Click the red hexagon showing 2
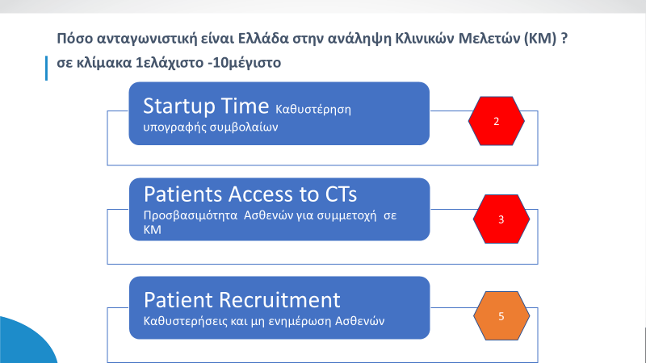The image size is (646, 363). click(x=496, y=121)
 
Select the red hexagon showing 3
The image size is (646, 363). click(x=501, y=219)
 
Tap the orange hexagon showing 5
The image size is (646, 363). click(x=501, y=316)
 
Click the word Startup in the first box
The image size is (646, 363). click(x=178, y=107)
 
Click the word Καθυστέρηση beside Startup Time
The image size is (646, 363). click(x=313, y=110)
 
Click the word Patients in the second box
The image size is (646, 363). click(x=183, y=194)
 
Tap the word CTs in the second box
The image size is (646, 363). click(x=341, y=194)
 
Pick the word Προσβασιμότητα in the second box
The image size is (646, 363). click(x=191, y=215)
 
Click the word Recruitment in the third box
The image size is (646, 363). click(x=279, y=299)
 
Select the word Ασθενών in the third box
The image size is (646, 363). click(x=359, y=321)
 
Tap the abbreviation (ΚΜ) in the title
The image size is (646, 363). click(x=540, y=38)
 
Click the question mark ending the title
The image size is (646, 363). click(x=564, y=38)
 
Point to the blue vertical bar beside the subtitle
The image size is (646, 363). click(x=46, y=68)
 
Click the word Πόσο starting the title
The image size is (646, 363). click(x=74, y=38)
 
